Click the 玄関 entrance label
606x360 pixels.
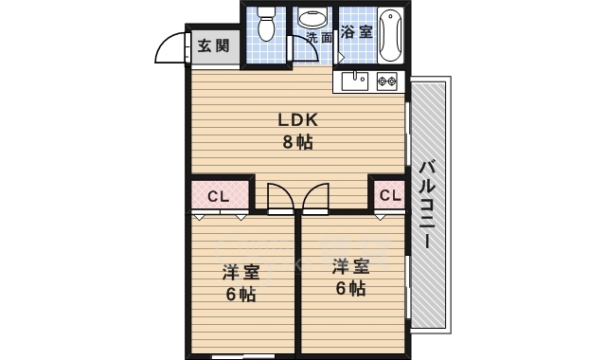[213, 46]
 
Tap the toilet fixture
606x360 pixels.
[265, 23]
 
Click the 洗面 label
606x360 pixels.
[319, 38]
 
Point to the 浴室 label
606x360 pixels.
[356, 31]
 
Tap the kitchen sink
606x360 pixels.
[355, 81]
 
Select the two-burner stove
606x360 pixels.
[387, 81]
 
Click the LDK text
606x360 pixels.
[298, 120]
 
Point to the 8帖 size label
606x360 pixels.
[297, 142]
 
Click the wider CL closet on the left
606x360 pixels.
[220, 196]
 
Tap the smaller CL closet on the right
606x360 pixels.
[389, 195]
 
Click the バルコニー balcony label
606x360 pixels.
[427, 204]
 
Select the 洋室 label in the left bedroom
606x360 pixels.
[241, 272]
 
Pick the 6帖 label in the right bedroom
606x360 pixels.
[350, 288]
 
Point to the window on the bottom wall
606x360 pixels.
[243, 356]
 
